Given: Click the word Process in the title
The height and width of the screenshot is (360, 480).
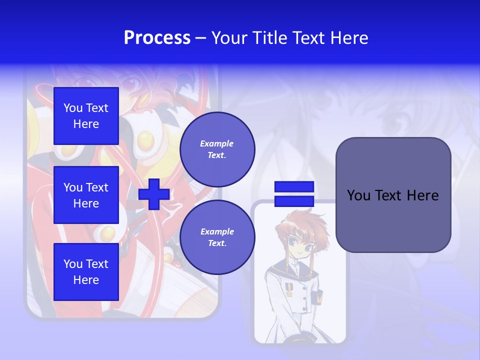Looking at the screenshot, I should pos(157,38).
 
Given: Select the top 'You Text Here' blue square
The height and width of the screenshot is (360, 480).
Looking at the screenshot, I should pos(86,116).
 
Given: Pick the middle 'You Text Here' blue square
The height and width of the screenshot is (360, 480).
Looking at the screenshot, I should pos(86,195).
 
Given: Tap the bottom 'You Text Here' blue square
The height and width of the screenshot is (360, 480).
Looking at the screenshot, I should pos(86,272).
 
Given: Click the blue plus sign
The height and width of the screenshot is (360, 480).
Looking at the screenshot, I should pos(154,194).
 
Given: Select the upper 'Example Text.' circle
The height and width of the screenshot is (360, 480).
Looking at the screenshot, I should pos(217,149).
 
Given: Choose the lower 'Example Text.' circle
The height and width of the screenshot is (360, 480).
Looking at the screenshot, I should pos(217,237).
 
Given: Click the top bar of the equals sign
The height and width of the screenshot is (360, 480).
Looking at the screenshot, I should pos(294,187).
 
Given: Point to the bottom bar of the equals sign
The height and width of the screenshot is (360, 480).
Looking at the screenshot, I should pos(294,201).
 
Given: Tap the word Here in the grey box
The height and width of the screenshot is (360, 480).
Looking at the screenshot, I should pos(422,195).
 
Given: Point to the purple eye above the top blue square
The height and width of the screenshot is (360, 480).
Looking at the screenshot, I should pos(129,84).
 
